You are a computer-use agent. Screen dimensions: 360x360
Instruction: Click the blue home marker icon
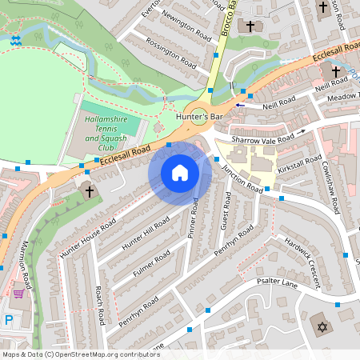coord(180,173)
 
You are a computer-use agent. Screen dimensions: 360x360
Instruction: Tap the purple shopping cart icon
coord(18,293)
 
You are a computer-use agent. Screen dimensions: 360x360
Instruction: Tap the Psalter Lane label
coord(276,282)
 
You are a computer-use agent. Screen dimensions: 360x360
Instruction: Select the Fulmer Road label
coord(151,266)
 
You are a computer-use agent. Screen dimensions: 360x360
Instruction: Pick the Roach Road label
coord(99,305)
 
